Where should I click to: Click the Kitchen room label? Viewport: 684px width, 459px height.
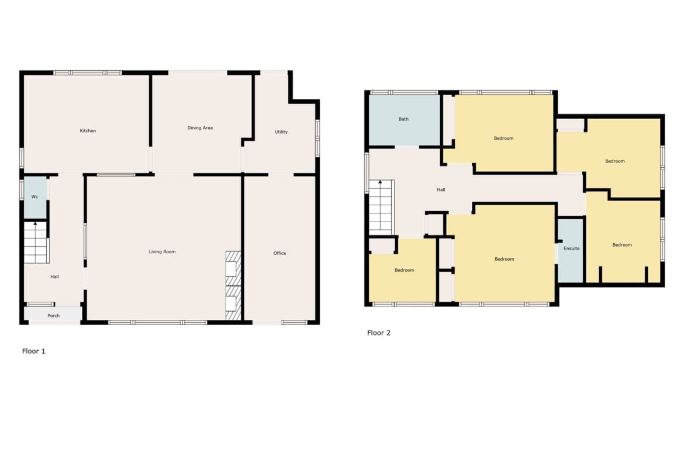tap(88, 131)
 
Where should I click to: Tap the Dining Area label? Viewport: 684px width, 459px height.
tap(200, 128)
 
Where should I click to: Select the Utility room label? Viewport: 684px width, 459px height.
tap(281, 132)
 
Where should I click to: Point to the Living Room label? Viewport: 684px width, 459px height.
tap(163, 252)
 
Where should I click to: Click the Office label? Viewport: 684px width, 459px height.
tap(279, 253)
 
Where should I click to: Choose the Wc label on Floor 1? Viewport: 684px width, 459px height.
tap(35, 197)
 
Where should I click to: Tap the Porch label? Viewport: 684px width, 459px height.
tap(54, 316)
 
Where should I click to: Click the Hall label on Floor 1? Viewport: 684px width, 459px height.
tap(54, 277)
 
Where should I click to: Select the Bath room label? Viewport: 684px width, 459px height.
tap(403, 119)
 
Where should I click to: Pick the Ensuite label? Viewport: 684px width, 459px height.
tap(571, 249)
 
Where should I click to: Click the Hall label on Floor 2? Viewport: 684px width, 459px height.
tap(441, 190)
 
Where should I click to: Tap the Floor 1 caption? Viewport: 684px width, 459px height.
tap(33, 351)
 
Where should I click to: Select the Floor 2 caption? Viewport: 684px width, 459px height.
tap(379, 333)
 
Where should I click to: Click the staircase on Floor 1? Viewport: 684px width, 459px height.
tap(36, 243)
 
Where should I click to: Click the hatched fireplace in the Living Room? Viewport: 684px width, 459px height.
tap(233, 285)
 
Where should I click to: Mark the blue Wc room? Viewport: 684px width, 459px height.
tap(35, 197)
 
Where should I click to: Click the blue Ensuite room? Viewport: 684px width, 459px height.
tap(571, 250)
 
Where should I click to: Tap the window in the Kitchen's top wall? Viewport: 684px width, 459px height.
tap(88, 73)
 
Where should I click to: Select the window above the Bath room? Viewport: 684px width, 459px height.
tap(403, 92)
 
